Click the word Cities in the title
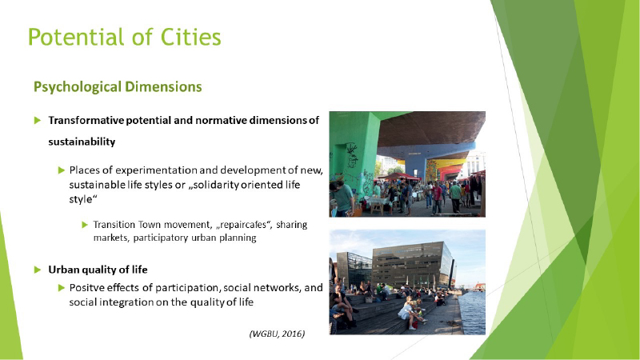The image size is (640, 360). click(190, 37)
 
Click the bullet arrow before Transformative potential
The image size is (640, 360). click(38, 121)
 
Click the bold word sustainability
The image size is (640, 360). click(82, 142)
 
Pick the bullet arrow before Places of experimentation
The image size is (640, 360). click(62, 170)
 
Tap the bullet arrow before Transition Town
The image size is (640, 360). click(85, 225)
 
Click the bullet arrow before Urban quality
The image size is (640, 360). click(38, 270)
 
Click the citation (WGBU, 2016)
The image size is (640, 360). click(277, 334)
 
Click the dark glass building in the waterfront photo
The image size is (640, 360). click(412, 265)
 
